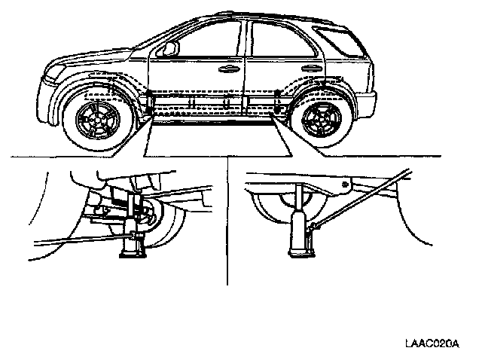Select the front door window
203,40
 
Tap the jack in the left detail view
135,226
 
